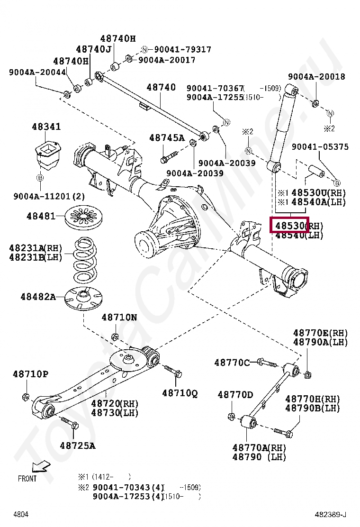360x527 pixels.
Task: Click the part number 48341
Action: [46, 127]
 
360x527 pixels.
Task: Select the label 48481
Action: [41, 216]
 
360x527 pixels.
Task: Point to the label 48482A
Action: [38, 297]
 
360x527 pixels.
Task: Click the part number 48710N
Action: [119, 318]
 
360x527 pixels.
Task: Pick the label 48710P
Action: [30, 374]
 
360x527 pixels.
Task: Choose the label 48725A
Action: [77, 445]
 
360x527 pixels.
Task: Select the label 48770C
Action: [232, 363]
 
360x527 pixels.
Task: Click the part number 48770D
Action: [235, 394]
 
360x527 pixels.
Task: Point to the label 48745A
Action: [167, 138]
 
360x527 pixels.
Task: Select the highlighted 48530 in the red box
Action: [289, 225]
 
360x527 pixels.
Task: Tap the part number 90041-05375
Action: [320, 147]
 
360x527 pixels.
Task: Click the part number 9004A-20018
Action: [316, 77]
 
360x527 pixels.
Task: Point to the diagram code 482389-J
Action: [331, 514]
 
